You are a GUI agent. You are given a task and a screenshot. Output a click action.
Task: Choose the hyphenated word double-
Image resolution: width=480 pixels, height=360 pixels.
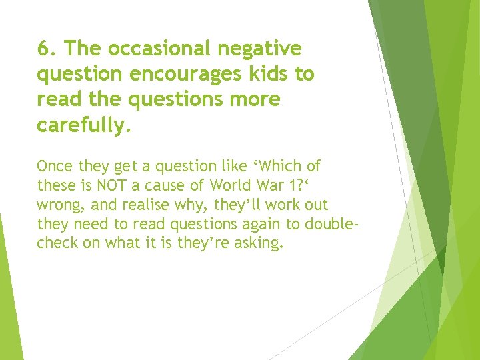330,223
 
